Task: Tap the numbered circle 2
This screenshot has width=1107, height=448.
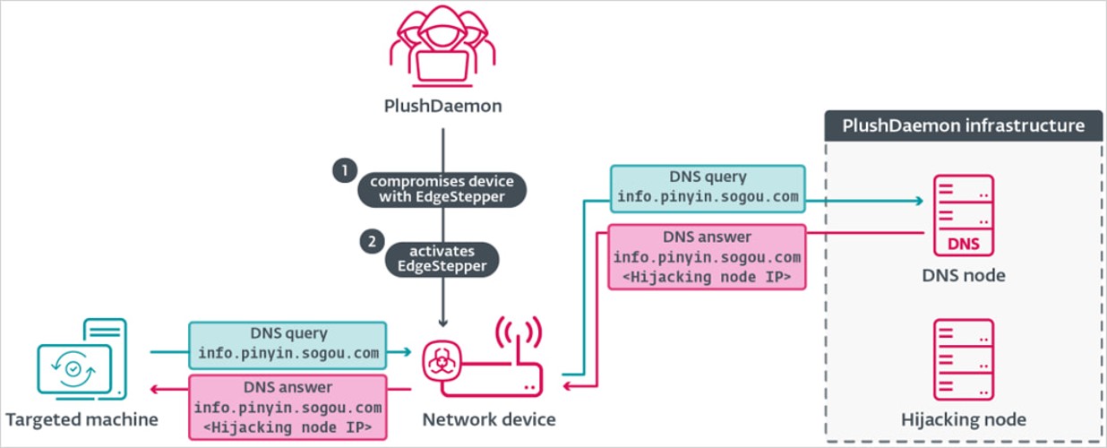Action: (369, 240)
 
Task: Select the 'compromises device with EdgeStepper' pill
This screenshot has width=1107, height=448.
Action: (442, 189)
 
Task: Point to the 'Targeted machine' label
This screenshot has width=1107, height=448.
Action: (82, 419)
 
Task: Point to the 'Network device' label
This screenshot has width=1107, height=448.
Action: (488, 419)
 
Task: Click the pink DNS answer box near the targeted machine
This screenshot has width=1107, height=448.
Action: (287, 407)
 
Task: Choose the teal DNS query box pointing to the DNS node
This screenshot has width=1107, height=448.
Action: (708, 189)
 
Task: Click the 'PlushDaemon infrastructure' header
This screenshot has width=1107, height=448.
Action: (963, 125)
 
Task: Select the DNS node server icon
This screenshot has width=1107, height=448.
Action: (963, 213)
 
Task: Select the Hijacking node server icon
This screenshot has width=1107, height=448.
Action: (963, 360)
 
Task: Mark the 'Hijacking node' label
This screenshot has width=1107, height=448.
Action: (963, 419)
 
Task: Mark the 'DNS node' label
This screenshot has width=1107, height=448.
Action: (963, 276)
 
